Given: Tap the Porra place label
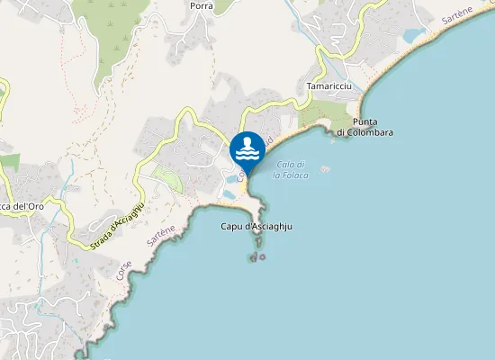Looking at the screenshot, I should pos(201,5).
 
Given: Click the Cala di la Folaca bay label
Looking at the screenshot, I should pos(292,169).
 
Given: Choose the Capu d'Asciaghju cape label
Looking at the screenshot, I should pos(256,227).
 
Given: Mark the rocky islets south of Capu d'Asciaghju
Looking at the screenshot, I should pos(258,257).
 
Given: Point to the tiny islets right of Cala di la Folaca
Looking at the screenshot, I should pos(324,168).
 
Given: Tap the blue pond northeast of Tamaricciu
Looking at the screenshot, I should pos(414,36).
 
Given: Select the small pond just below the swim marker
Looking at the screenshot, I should pos(231,192).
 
